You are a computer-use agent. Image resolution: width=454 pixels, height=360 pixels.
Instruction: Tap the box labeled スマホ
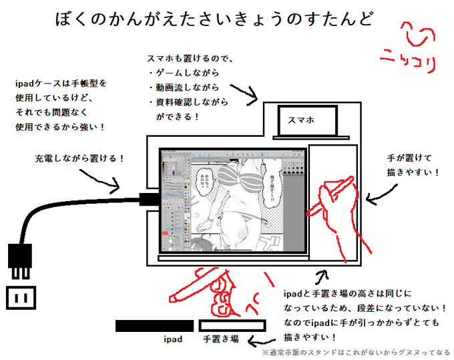tap(301, 120)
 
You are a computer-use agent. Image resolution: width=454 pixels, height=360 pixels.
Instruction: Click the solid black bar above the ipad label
tap(154, 326)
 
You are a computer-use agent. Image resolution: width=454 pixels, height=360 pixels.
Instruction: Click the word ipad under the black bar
tap(174, 340)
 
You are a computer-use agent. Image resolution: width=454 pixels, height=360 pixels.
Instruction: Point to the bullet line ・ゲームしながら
tap(184, 72)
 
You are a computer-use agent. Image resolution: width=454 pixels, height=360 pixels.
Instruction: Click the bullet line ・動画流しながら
tap(184, 87)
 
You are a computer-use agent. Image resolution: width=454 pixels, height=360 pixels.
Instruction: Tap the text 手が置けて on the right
tap(410, 158)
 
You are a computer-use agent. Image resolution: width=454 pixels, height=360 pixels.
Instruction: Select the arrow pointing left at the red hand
tap(383, 195)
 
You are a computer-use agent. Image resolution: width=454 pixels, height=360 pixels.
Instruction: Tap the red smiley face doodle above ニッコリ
tap(410, 37)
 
